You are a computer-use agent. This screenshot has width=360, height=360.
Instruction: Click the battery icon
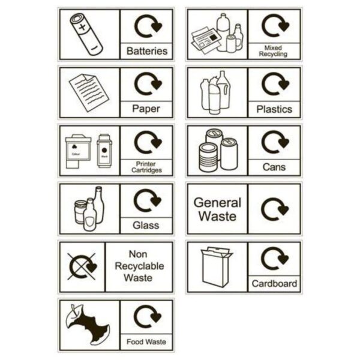89,34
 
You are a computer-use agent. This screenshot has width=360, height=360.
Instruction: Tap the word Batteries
146,51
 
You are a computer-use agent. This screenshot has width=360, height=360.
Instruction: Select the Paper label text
146,109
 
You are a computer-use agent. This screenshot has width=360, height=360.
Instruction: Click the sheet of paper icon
89,91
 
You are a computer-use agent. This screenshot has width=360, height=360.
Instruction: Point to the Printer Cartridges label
146,167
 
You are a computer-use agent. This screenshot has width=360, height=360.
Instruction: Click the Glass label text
146,225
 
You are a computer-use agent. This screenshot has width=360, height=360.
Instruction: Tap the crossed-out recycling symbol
83,266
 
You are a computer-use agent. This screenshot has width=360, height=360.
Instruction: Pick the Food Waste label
146,342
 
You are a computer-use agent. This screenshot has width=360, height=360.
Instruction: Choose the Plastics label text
274,109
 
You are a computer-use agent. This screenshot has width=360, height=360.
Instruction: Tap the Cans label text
274,167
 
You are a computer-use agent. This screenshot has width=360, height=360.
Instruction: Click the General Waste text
217,209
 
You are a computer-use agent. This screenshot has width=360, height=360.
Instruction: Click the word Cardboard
274,283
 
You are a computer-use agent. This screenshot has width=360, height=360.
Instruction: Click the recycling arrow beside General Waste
275,208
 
